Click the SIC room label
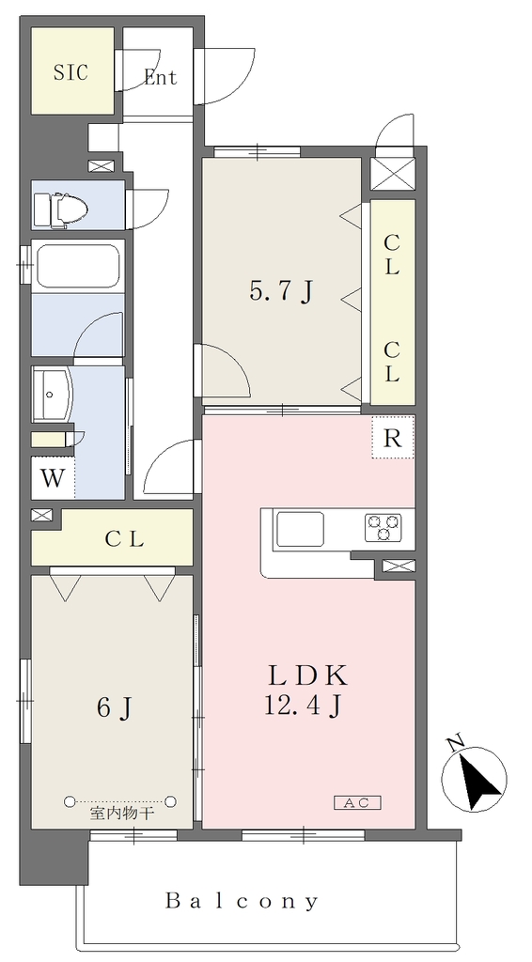[x=70, y=73]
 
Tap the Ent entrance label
[x=160, y=77]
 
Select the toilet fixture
[x=60, y=209]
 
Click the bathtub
[x=78, y=266]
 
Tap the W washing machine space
[x=53, y=478]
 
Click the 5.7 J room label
[x=282, y=292]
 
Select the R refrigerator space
[x=392, y=438]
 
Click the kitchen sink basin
[x=300, y=528]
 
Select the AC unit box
[x=358, y=802]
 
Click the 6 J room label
[x=114, y=708]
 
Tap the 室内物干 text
[x=122, y=815]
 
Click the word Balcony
[x=243, y=901]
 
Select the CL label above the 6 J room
[x=125, y=540]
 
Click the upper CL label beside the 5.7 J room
[x=392, y=254]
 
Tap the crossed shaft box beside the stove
[x=399, y=566]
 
